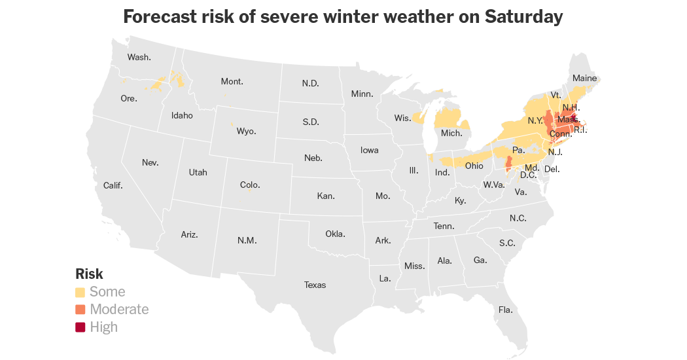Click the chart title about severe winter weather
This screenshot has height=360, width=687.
[x=343, y=16]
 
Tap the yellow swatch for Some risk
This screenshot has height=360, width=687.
[x=80, y=292]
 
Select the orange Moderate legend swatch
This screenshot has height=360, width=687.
[x=80, y=310]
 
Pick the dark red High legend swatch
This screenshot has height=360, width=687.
[x=80, y=327]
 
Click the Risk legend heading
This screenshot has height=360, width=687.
[x=89, y=274]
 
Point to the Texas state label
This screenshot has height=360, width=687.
[x=315, y=285]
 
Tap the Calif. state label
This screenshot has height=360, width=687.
[x=113, y=185]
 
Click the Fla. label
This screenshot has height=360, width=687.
[x=505, y=310]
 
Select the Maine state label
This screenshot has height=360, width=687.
[x=584, y=78]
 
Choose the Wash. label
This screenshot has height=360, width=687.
[x=139, y=57]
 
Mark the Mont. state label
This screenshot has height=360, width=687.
[x=232, y=82]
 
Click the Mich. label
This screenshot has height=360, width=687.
[x=451, y=133]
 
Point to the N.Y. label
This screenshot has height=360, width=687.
[x=535, y=121]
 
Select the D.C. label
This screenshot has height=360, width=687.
[x=528, y=175]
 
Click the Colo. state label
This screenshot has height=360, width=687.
[x=250, y=185]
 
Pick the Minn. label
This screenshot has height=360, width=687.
[x=362, y=94]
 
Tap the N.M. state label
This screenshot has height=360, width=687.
[x=247, y=240]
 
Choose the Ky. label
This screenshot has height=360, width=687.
[x=460, y=200]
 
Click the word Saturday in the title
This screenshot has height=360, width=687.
[x=523, y=16]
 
